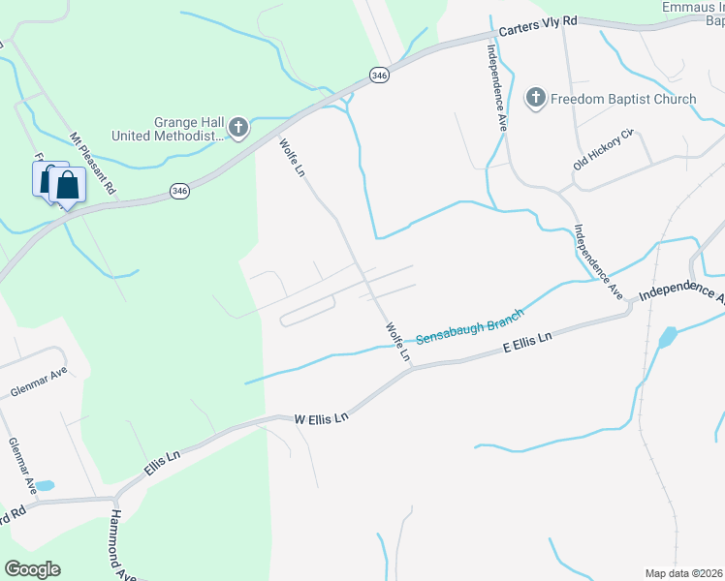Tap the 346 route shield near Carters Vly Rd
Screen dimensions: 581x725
click(378, 75)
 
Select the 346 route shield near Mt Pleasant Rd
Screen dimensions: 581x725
click(178, 192)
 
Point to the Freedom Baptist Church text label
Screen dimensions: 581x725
click(623, 99)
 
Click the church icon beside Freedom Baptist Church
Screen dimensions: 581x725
click(535, 98)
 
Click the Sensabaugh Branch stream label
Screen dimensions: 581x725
click(469, 326)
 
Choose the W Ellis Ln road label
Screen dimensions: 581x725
click(321, 419)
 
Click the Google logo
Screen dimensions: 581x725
click(31, 569)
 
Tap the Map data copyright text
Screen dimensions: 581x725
click(683, 573)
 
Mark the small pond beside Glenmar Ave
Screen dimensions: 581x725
click(45, 485)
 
